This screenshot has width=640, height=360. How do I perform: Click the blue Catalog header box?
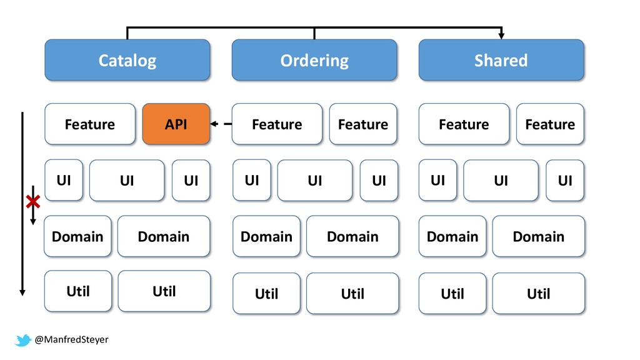pos(127,60)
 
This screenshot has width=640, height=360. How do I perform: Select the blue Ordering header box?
pos(314,60)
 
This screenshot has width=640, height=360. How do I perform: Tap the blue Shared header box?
pos(501,60)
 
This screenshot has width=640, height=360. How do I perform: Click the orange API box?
pos(176,124)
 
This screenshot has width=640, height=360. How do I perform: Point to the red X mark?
pos(33,202)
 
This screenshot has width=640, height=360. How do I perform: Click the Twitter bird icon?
pos(23,340)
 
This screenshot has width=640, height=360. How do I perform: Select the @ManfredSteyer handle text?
pos(71,339)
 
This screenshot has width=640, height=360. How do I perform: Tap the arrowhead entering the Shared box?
pos(501,36)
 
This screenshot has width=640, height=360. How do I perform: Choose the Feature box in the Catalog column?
pos(90,124)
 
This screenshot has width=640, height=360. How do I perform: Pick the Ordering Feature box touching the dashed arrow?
pos(277,124)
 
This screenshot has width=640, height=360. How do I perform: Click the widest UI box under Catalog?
pos(127,181)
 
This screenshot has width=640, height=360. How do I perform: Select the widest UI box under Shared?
pos(501,181)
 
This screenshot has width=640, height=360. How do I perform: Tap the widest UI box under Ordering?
pos(315,181)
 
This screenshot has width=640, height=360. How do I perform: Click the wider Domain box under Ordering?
pos(352,236)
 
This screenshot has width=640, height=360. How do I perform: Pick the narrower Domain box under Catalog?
pos(77,236)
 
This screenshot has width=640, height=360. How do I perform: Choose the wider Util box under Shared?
pos(538,294)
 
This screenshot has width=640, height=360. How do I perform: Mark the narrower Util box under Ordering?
pos(266,294)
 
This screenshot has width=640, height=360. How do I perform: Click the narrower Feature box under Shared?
pos(550,124)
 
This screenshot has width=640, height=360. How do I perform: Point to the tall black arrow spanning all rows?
pos(22,204)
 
